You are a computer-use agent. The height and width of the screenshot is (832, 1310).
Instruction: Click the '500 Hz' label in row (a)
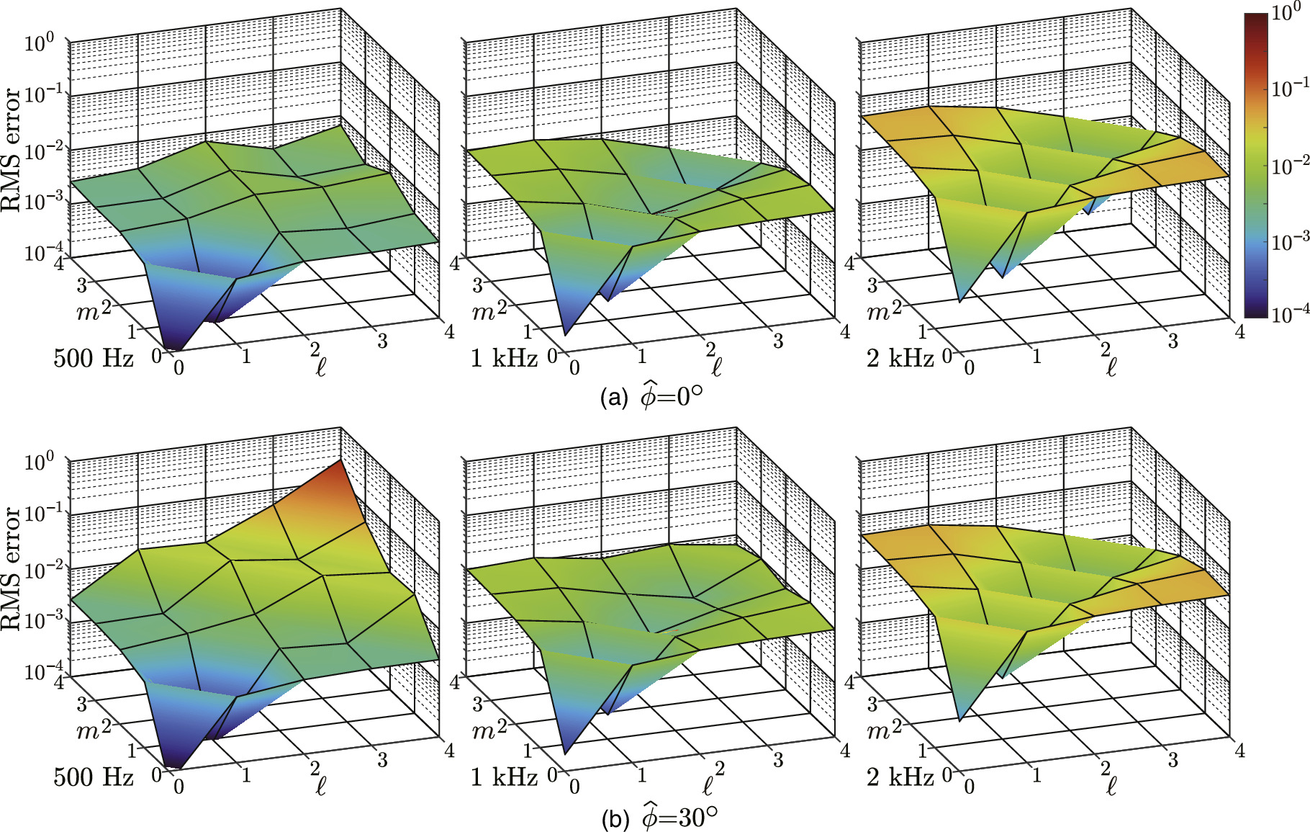click(93, 358)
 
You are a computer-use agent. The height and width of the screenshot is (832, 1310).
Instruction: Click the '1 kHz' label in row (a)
click(503, 358)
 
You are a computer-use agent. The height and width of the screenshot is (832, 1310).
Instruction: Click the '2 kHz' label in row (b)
click(900, 777)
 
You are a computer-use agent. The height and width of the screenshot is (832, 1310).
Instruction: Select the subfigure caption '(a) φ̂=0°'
click(651, 397)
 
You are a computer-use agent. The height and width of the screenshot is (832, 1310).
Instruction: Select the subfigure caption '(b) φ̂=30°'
click(659, 818)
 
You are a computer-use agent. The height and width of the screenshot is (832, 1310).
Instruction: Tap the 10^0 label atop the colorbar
click(1286, 12)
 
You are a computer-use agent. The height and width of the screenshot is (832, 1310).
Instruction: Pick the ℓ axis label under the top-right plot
click(1111, 368)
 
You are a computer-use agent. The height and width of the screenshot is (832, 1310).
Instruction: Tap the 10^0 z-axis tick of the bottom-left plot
click(39, 462)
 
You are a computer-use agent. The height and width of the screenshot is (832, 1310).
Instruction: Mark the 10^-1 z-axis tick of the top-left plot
click(39, 94)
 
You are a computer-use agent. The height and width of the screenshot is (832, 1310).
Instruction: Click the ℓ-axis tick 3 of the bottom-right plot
click(1173, 759)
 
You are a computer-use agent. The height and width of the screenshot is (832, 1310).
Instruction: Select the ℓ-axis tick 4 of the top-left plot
click(450, 331)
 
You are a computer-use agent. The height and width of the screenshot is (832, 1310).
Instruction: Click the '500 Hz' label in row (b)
click(93, 777)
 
